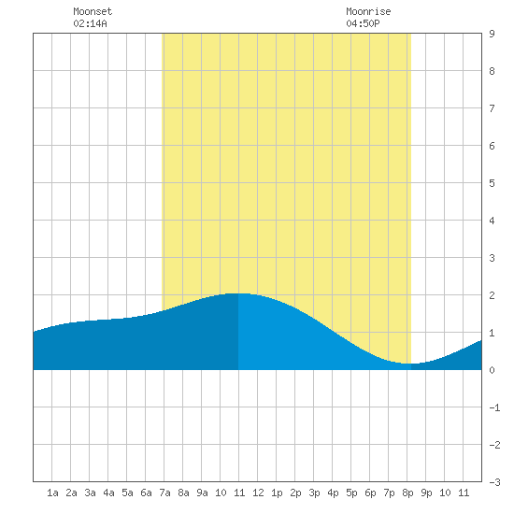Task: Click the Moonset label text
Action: (x=93, y=11)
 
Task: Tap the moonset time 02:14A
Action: (x=90, y=23)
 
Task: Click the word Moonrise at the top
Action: (x=368, y=11)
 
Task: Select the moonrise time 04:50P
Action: (x=363, y=23)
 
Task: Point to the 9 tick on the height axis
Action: (x=492, y=34)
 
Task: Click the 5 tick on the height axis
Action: (x=492, y=183)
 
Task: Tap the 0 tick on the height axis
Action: (x=492, y=370)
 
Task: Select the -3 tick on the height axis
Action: (x=494, y=482)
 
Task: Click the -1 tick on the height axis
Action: (x=494, y=407)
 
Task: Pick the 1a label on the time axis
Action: (x=52, y=493)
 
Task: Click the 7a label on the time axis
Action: (x=164, y=493)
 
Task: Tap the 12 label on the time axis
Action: (x=258, y=493)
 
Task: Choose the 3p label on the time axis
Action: (x=314, y=493)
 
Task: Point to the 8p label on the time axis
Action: (x=407, y=493)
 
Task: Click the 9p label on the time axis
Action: (x=426, y=493)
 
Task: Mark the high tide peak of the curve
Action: (x=238, y=293)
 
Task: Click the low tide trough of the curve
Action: (x=410, y=364)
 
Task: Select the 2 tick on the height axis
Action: (x=492, y=295)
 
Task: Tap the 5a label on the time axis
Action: (x=127, y=493)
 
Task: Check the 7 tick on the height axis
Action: (x=492, y=108)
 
